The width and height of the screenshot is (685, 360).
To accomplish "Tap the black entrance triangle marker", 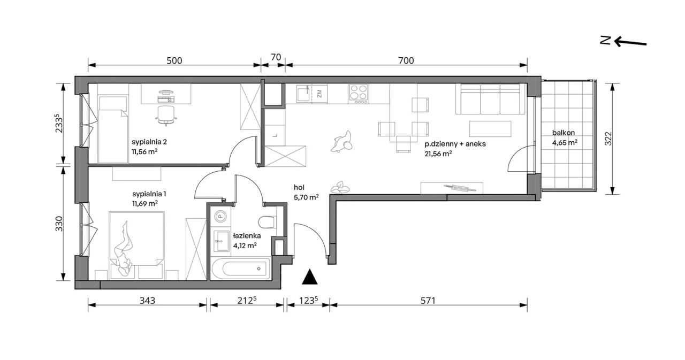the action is tap(309, 277).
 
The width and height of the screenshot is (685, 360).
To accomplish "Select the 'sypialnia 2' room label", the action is tap(149, 142).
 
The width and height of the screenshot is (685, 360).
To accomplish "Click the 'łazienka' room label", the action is tap(247, 235).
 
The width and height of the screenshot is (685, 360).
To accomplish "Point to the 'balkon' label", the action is tap(564, 133).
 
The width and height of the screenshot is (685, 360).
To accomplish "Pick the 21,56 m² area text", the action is tap(438, 154).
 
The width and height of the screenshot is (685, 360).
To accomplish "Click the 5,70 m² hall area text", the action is tap(306, 197).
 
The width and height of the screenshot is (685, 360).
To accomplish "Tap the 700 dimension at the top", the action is tap(406, 61).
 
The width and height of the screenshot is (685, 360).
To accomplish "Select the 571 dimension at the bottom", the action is tap(428, 301).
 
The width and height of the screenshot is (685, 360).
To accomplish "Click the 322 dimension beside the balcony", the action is tap(608, 138).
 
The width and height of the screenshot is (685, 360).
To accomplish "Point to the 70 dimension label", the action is tap(276, 57).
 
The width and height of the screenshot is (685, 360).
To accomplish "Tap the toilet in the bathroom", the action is tap(267, 222).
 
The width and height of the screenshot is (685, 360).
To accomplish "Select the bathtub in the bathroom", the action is tap(240, 269).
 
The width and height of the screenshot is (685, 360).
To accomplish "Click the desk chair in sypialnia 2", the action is tap(166, 116).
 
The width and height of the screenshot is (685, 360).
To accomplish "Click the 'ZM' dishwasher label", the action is tap(319, 93).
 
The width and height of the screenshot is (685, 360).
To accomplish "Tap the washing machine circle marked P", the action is tap(219, 217).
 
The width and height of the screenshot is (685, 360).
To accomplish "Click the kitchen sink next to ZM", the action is tap(303, 94).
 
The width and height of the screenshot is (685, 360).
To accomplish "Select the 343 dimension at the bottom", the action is tap(147, 301).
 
